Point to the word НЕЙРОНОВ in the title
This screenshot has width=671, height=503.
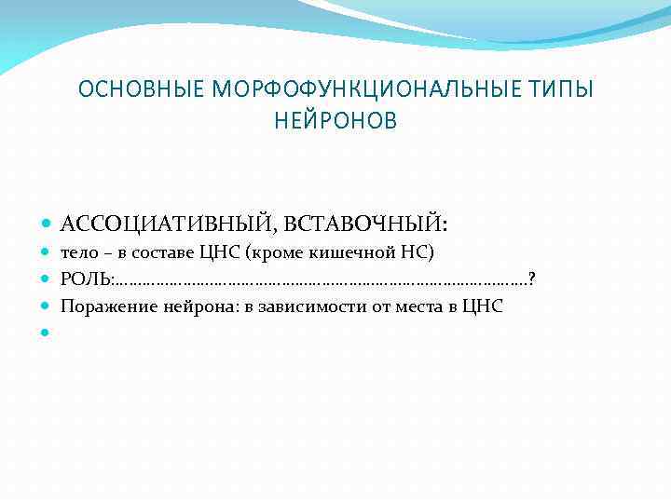[335, 120]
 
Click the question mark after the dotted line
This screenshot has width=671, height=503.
[531, 279]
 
